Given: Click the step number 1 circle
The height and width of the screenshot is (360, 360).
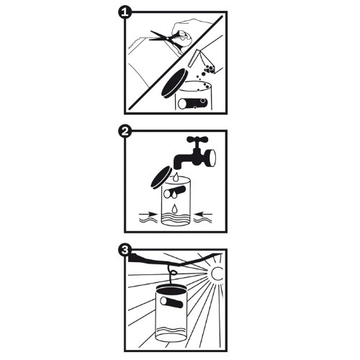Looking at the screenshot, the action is (x=125, y=12).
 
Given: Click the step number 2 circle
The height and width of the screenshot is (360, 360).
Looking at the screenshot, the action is (x=125, y=131).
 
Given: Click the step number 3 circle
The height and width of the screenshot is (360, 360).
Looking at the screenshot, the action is (x=125, y=251).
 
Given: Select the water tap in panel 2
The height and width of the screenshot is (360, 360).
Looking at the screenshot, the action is (x=195, y=153).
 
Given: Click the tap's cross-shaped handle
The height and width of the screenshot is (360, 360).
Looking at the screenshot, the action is (x=197, y=140).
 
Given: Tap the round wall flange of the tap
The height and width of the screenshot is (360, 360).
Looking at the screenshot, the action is (x=212, y=157).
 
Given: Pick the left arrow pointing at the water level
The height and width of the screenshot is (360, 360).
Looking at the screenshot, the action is (x=149, y=213).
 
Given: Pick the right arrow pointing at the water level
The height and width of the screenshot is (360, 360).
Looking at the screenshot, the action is (x=203, y=213).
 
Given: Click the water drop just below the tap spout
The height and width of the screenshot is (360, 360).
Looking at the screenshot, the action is (x=177, y=176).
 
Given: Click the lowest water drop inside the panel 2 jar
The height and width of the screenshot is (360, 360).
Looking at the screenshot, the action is (x=174, y=209).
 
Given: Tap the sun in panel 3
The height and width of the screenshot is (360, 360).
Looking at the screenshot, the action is (x=217, y=274).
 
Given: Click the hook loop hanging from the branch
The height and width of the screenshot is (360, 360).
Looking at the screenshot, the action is (x=174, y=272).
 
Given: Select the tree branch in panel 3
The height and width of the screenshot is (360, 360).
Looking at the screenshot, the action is (x=174, y=260).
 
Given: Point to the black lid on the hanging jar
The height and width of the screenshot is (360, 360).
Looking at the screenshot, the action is (x=171, y=288).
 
